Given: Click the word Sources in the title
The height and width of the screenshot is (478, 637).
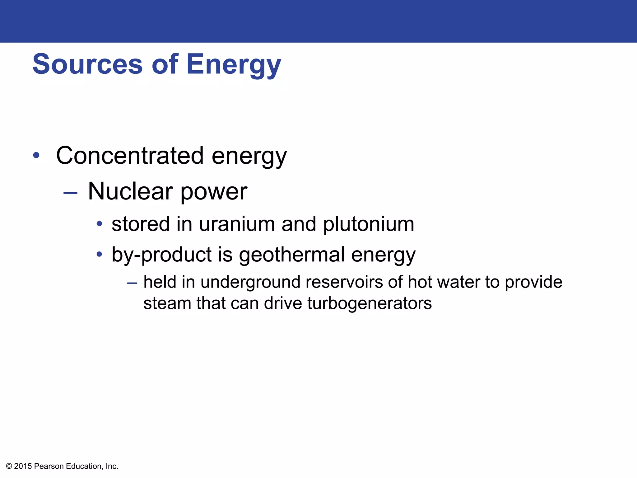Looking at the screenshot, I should [87, 64].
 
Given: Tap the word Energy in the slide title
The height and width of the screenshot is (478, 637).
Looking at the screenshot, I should [234, 65].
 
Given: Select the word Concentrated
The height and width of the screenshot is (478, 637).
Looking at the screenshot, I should [130, 156].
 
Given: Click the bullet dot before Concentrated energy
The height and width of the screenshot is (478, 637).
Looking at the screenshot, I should [36, 155].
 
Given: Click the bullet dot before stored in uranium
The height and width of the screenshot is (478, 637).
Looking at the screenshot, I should [99, 224].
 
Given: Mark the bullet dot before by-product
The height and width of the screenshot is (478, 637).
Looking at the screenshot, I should [99, 254].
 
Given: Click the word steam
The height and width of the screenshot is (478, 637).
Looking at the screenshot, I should [167, 303].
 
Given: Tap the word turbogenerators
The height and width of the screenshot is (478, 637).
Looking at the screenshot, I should [370, 304].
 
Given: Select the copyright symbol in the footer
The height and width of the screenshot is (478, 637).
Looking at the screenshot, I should [9, 466].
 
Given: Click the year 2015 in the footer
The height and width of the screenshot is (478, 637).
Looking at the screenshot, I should [23, 466].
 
